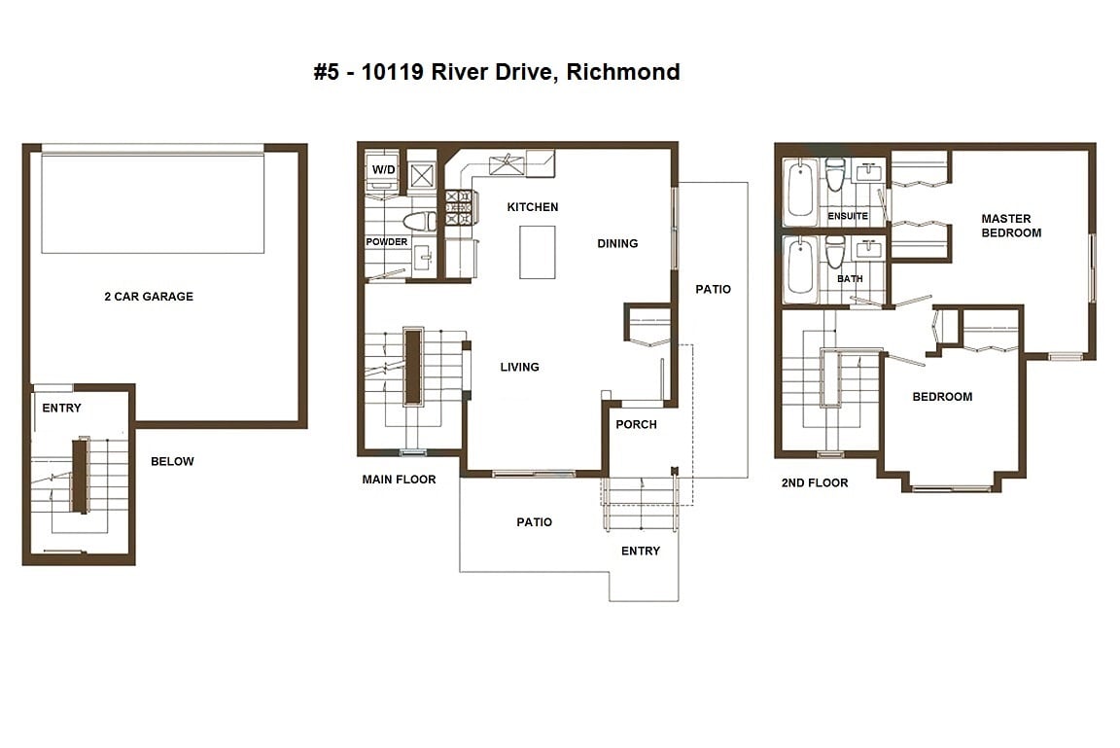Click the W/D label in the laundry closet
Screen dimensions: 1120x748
click(384, 169)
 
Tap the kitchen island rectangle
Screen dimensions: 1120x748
click(537, 252)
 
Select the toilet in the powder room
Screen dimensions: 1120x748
click(420, 221)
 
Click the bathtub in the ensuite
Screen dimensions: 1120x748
click(801, 189)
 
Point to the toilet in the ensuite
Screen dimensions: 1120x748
click(835, 174)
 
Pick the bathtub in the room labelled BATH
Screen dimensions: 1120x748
click(801, 267)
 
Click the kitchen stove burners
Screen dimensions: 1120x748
click(459, 207)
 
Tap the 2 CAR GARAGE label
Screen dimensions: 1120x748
click(149, 297)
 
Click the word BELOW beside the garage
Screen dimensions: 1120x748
click(172, 461)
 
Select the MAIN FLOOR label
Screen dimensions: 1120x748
click(399, 480)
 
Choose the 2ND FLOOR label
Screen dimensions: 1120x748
click(815, 483)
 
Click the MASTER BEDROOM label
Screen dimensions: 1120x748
click(1011, 226)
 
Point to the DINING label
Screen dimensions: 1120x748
click(617, 243)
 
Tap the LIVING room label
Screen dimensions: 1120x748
click(519, 368)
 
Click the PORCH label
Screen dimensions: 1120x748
click(636, 424)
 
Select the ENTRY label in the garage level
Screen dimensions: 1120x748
click(61, 408)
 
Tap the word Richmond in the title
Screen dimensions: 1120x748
click(623, 72)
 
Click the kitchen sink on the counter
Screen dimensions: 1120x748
click(507, 165)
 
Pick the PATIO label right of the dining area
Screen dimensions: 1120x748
click(713, 289)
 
